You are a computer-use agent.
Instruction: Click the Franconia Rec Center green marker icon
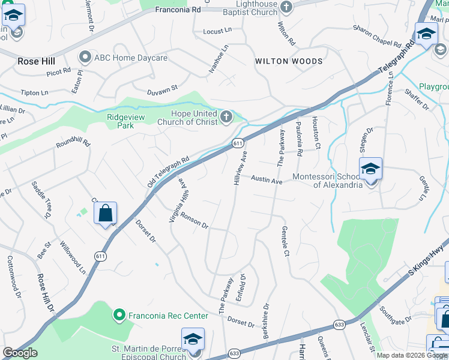(x=119, y=314)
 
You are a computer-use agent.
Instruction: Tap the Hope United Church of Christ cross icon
(x=226, y=116)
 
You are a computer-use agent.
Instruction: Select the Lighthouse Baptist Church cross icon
(x=286, y=7)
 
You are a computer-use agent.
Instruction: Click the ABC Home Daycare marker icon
(x=85, y=58)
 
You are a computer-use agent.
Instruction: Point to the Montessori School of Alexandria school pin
(x=370, y=170)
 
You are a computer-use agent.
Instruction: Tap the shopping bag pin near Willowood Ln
(x=105, y=214)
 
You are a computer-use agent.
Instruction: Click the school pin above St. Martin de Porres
(x=193, y=340)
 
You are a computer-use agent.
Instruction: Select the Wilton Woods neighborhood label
(x=289, y=61)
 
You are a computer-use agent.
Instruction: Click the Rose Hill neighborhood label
(x=36, y=62)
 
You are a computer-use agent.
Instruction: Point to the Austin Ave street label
(x=267, y=180)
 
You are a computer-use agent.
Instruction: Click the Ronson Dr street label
(x=194, y=222)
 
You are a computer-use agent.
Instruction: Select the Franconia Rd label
(x=178, y=10)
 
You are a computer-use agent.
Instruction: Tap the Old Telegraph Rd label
(x=168, y=171)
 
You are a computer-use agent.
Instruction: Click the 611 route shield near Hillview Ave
(x=238, y=143)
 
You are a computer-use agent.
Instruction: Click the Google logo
(x=20, y=353)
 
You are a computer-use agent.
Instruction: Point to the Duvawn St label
(x=163, y=89)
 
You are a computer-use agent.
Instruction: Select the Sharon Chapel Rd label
(x=377, y=35)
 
